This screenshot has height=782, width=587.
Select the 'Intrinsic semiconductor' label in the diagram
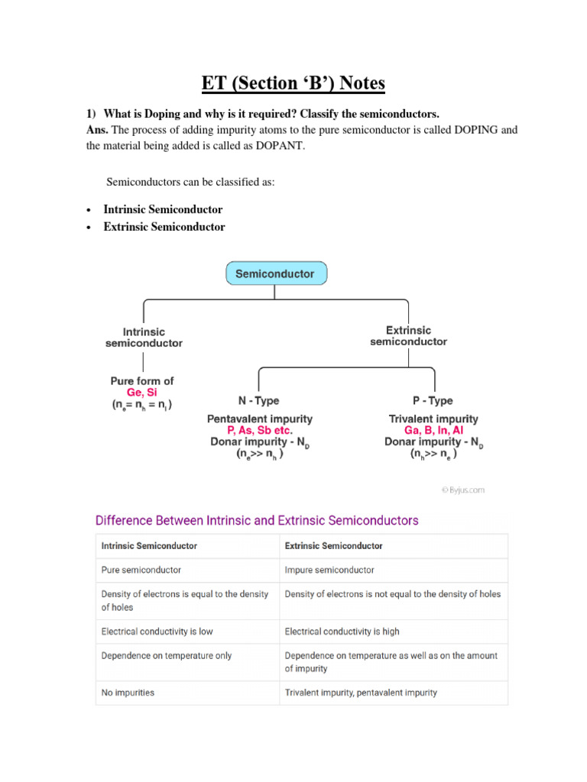[144, 338]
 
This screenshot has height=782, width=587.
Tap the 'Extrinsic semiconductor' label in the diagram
[408, 336]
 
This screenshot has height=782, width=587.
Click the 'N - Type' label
[259, 400]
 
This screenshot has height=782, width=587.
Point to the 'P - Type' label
[433, 400]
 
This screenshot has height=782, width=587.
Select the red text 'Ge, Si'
[142, 392]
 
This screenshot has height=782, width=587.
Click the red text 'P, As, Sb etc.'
[259, 430]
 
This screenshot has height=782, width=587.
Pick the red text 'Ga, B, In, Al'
[433, 430]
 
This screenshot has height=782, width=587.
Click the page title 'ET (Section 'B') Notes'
[293, 82]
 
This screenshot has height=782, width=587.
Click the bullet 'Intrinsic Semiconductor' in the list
[163, 209]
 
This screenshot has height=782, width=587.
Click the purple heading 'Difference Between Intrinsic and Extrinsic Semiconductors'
[257, 520]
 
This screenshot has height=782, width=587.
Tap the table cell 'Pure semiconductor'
[141, 570]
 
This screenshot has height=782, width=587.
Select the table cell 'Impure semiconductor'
[329, 570]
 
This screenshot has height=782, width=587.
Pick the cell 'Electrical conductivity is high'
[342, 632]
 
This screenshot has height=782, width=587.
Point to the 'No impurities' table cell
[128, 693]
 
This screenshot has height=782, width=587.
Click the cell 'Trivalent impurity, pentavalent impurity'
[361, 693]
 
